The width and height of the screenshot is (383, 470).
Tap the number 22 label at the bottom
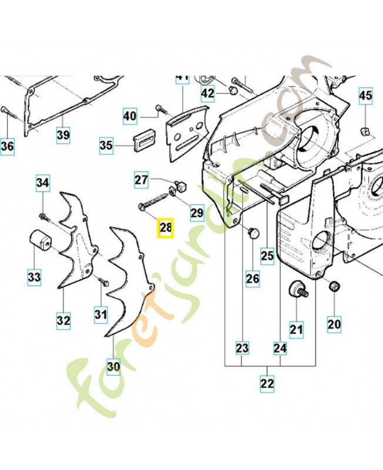tap(267, 384)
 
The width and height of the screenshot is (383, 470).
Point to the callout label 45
tap(365, 95)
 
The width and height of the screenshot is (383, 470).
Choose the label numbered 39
tap(63, 135)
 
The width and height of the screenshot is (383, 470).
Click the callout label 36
tap(7, 146)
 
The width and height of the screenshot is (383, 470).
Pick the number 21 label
tap(296, 330)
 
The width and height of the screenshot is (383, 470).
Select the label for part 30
tap(113, 367)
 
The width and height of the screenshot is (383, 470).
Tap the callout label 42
tap(208, 93)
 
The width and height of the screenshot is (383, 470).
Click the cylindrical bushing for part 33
tap(41, 241)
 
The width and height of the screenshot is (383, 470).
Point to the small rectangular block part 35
tap(144, 141)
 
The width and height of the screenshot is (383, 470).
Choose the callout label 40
tap(130, 117)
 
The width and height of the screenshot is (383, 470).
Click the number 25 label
tap(267, 256)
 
